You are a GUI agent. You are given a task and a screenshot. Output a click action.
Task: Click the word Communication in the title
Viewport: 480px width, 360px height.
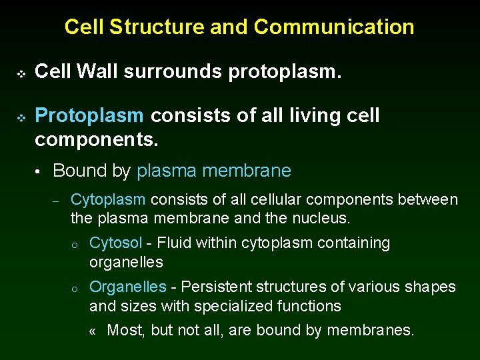(334, 27)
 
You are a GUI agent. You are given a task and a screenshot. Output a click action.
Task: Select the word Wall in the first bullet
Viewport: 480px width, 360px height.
(93, 71)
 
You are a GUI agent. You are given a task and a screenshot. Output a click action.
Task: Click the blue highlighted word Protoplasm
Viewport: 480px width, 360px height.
(89, 116)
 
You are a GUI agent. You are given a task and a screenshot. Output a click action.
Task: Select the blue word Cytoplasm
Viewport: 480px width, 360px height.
(107, 200)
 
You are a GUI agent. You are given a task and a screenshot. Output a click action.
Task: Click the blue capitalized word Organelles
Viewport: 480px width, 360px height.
(127, 287)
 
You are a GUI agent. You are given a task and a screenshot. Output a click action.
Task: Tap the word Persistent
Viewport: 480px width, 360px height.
(213, 287)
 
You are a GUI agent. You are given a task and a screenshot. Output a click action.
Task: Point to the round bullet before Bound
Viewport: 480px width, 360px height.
(40, 172)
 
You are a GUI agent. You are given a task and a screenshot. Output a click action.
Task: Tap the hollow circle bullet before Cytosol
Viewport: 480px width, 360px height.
(76, 245)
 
